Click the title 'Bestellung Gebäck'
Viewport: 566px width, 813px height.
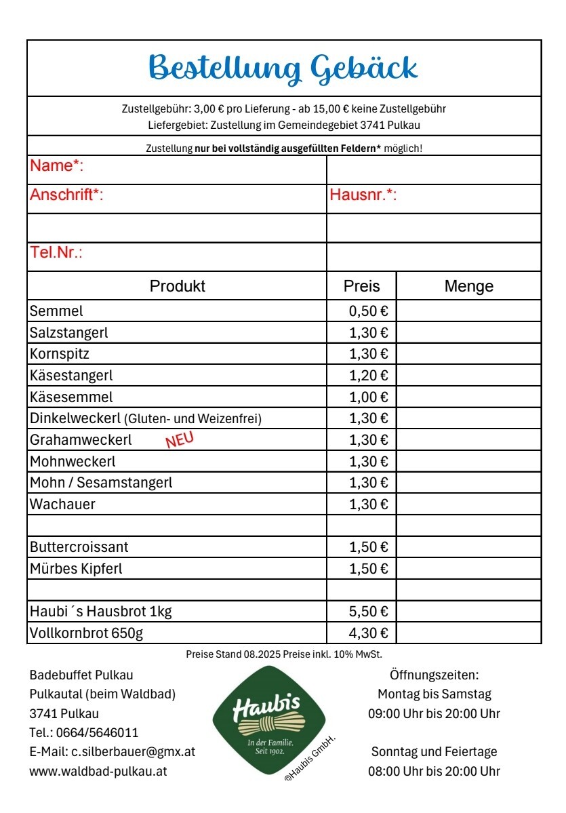tap(283, 68)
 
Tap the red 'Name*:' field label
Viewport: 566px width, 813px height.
tap(56, 166)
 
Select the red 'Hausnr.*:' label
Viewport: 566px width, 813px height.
tap(363, 196)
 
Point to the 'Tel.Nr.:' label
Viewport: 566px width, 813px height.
tap(56, 253)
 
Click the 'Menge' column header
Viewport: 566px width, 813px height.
tap(468, 286)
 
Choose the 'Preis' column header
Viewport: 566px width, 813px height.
tap(361, 286)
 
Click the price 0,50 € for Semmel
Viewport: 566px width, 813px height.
tap(368, 311)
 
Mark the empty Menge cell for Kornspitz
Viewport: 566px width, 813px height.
tap(468, 354)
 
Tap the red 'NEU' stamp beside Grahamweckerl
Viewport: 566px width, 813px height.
tap(180, 440)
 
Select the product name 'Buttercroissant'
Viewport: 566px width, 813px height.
tap(79, 547)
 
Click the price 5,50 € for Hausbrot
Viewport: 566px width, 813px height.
tap(368, 612)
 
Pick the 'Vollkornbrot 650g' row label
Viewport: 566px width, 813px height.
tap(86, 634)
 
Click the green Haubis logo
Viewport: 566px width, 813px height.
tap(269, 720)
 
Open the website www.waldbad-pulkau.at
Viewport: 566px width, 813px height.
tap(98, 771)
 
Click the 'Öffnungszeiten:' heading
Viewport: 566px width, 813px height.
tap(434, 675)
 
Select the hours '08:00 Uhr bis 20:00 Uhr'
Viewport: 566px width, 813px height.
tap(434, 771)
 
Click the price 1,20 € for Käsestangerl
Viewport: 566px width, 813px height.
tap(368, 376)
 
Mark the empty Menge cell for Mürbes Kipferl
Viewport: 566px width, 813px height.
tap(468, 569)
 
